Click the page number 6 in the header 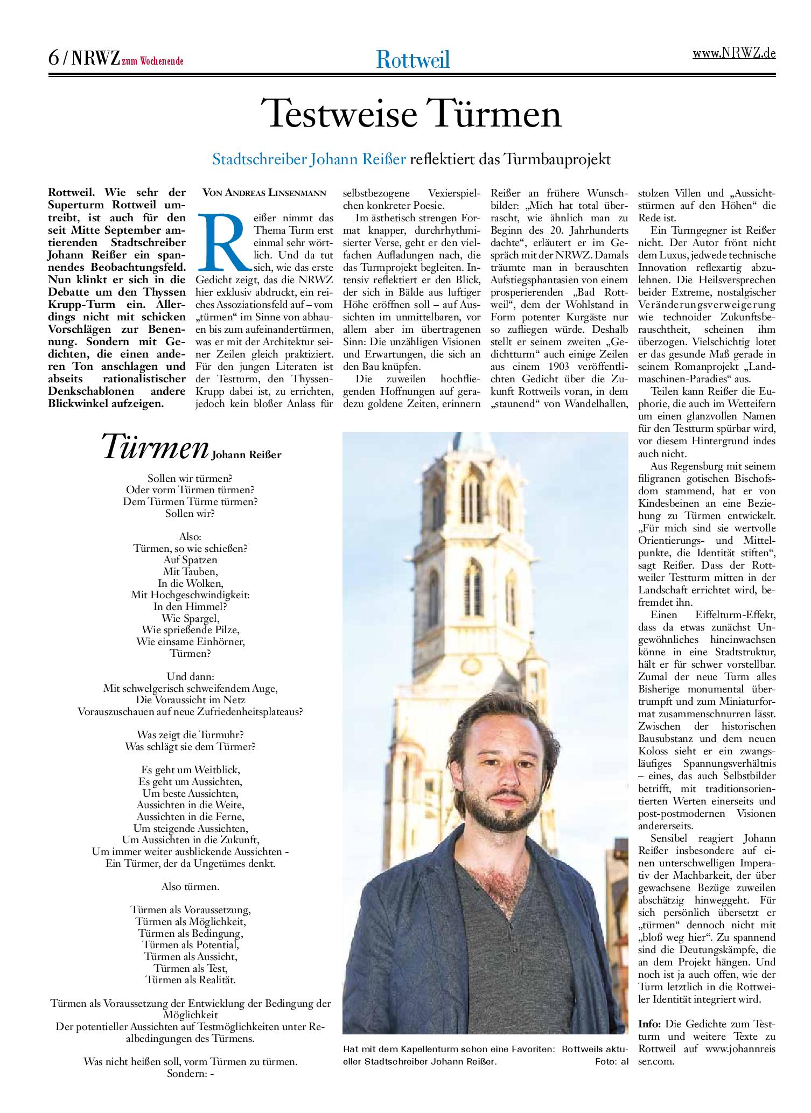53,58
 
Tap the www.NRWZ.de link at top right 733,54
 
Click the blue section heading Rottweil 413,59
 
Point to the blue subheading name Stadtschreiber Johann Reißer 309,159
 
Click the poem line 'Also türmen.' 191,886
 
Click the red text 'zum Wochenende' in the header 152,61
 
